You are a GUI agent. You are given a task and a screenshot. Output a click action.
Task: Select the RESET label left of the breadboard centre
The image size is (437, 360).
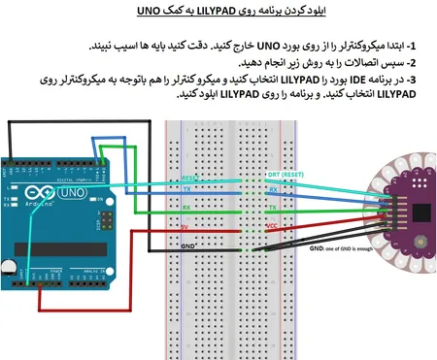[190, 178]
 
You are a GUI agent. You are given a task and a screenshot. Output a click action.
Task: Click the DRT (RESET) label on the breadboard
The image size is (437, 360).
[286, 176]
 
